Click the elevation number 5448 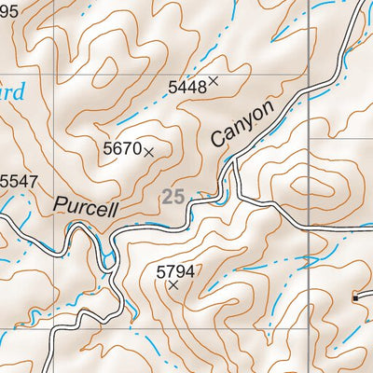[186, 87]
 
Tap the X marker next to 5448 [214, 81]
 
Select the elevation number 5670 [121, 148]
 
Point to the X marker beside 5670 [148, 150]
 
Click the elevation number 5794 [175, 271]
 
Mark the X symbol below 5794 [173, 285]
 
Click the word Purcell [86, 205]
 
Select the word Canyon [243, 123]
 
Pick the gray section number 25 [173, 197]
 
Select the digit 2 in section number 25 [167, 197]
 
